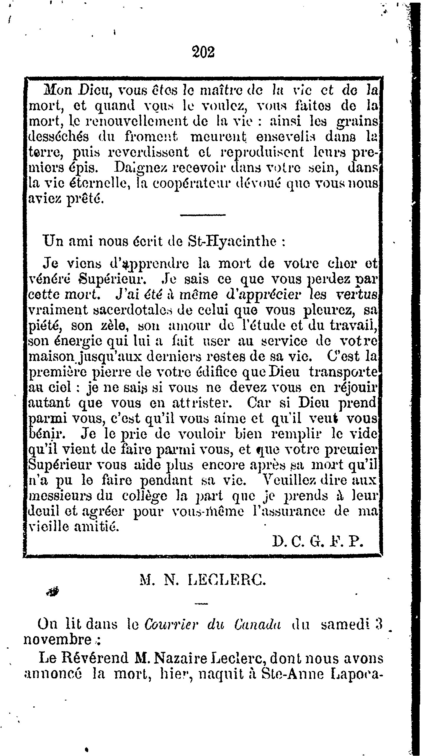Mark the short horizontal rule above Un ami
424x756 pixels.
click(203, 215)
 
